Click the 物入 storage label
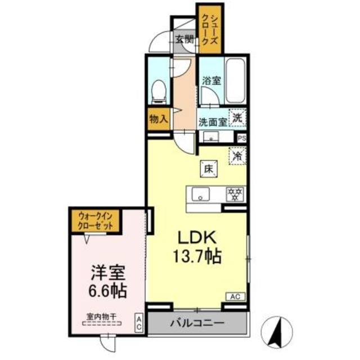tap(158, 119)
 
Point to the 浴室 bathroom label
tap(211, 80)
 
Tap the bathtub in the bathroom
tap(236, 80)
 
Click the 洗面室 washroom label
tap(212, 120)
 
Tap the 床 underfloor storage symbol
tap(207, 167)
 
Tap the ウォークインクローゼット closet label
tap(91, 219)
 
